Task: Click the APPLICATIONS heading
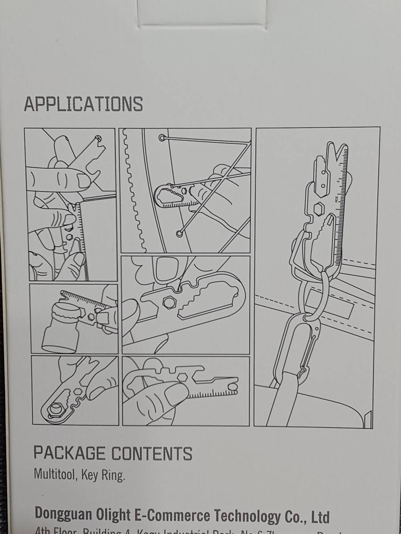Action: click(x=83, y=104)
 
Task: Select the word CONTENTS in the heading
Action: click(x=151, y=453)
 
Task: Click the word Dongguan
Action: click(x=61, y=514)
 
